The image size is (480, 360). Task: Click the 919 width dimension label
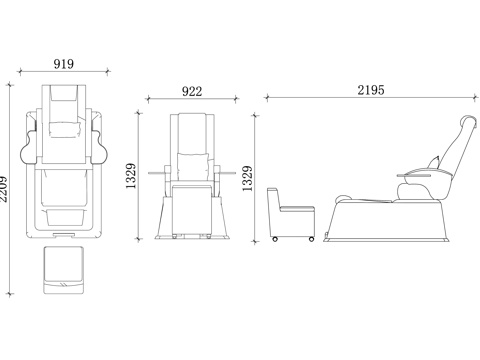point(64,63)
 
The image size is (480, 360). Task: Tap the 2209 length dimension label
point(3,189)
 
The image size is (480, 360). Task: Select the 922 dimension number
point(192,91)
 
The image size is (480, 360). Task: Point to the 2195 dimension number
point(371,90)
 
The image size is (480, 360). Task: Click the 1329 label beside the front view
point(131,176)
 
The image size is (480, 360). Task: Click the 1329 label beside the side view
point(247,178)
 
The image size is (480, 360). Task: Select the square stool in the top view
point(63,270)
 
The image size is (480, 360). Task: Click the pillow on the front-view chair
point(192,167)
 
